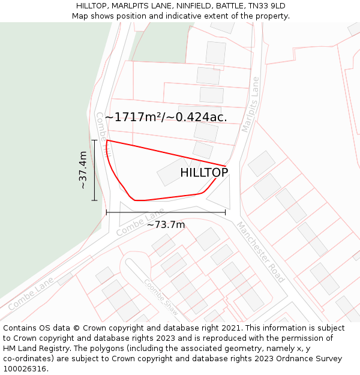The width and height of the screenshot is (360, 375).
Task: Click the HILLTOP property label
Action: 204,173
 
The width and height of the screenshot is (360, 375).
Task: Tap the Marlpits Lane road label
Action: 251,105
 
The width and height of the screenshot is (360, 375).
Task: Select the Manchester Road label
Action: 260,252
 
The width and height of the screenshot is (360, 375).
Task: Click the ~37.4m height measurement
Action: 83,170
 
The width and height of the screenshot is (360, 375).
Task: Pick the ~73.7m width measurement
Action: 166,225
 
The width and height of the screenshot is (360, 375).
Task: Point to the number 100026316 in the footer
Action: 25,369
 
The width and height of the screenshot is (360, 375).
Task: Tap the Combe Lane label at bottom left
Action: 31,292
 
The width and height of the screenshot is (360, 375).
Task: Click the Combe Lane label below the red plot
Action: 140,223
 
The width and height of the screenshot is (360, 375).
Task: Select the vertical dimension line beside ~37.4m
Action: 95,170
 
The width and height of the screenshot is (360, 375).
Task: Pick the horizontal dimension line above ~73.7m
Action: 166,212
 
